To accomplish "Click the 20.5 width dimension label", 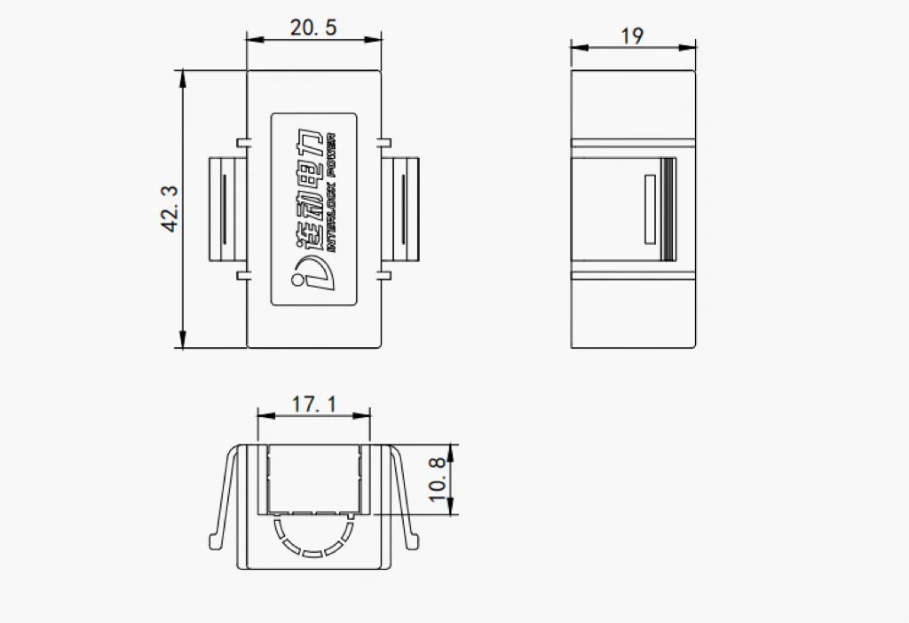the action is coord(313,28).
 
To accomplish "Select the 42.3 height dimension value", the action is coord(170,209).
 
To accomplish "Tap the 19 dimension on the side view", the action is coord(632,36).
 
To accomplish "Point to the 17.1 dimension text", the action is coord(314,405).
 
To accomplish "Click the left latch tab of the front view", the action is coord(226,209).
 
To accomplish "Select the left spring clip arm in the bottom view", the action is coord(223,497).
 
